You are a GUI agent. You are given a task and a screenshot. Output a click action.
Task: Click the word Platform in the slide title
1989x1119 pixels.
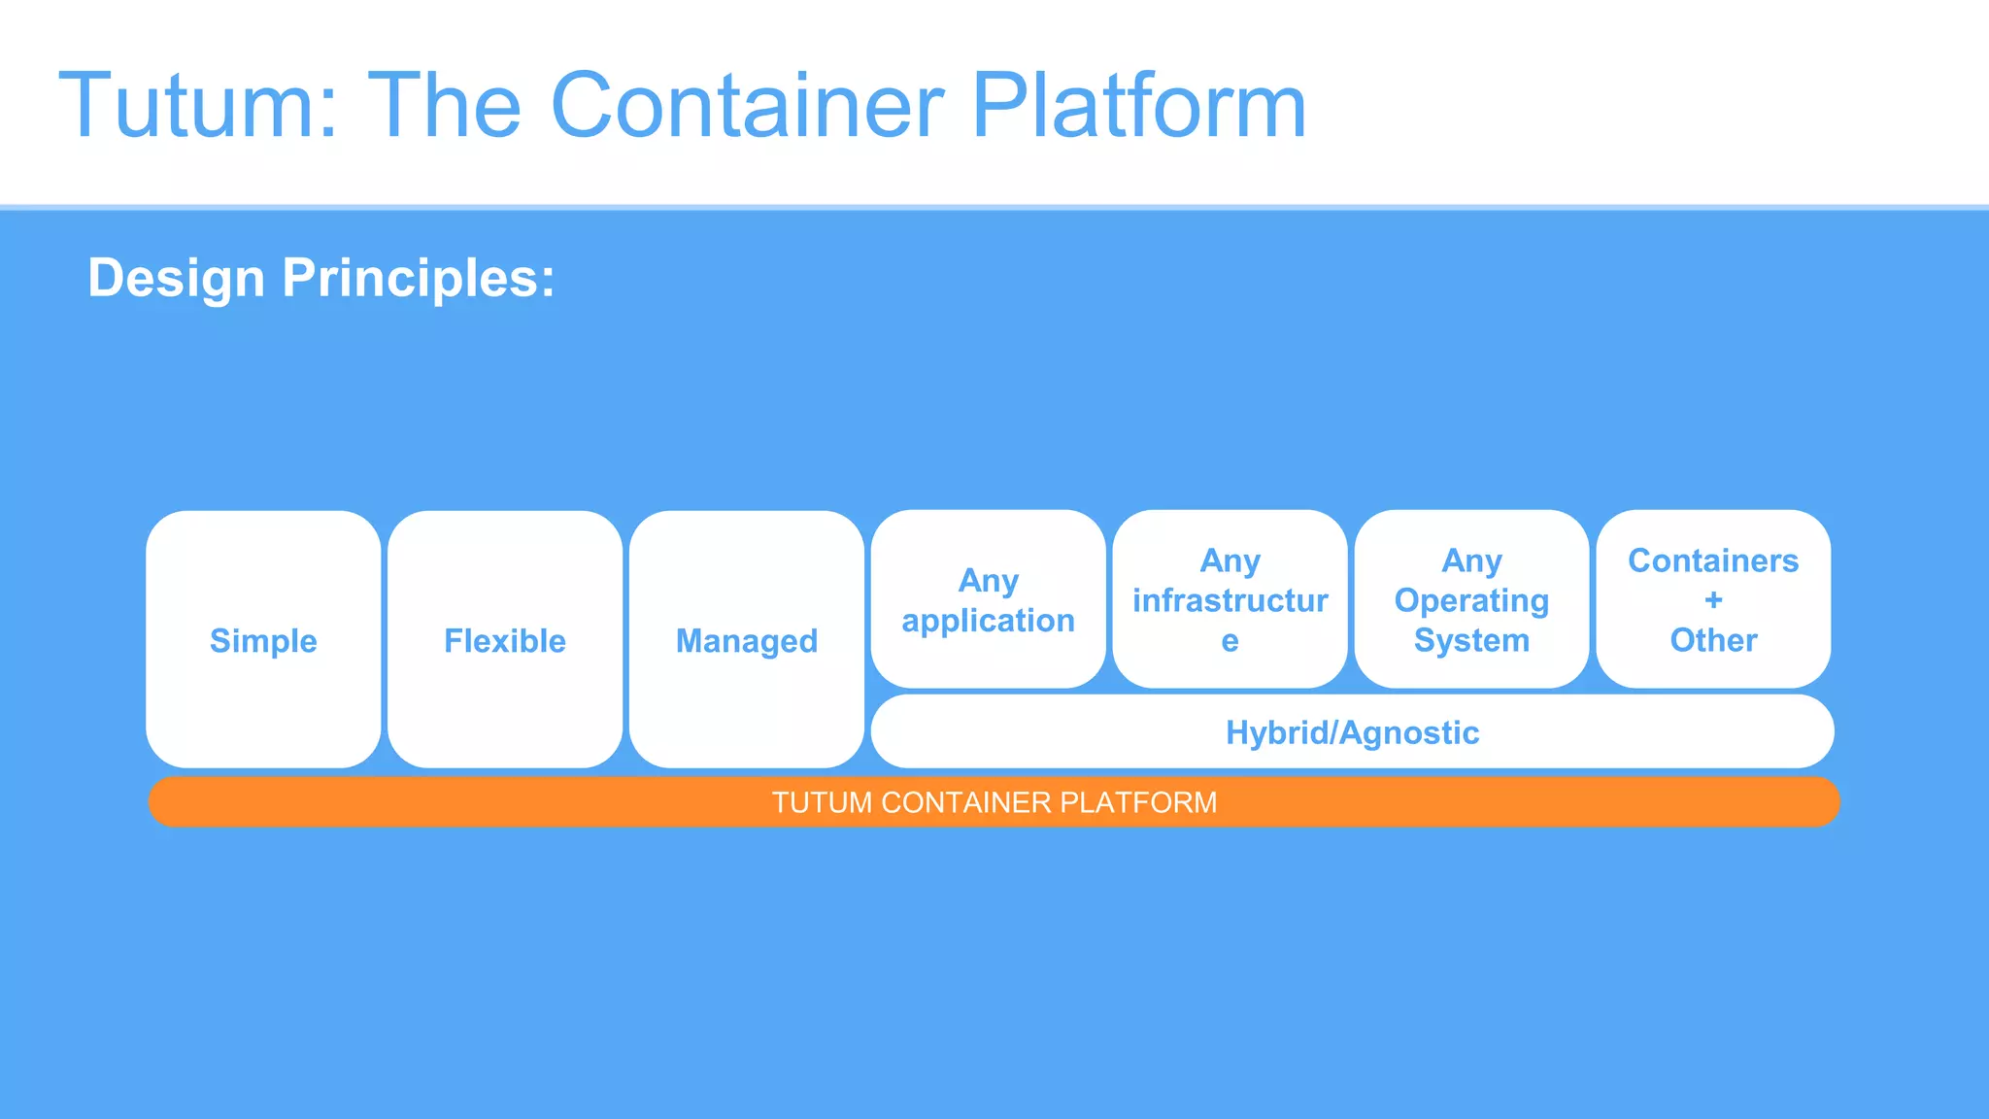click(1138, 106)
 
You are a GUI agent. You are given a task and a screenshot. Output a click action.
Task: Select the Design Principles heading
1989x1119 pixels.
click(321, 278)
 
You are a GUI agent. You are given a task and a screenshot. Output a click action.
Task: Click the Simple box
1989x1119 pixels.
click(263, 640)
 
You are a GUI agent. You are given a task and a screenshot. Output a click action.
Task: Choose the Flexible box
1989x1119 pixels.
click(505, 640)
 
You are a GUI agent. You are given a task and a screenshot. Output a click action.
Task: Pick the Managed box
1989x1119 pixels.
click(746, 640)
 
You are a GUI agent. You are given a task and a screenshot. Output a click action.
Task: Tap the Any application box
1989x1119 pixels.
click(988, 600)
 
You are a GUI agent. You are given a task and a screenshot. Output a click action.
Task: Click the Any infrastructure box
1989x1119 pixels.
click(1230, 599)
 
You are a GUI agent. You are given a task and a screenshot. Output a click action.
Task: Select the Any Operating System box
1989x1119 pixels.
click(1471, 599)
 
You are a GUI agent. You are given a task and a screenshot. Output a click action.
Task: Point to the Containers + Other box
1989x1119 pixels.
click(1713, 599)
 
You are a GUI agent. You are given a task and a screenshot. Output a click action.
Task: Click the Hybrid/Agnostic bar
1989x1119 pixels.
click(1352, 732)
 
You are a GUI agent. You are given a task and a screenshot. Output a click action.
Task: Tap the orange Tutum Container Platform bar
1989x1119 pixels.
click(994, 802)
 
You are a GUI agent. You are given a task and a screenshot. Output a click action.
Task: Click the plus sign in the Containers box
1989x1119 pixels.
click(1713, 600)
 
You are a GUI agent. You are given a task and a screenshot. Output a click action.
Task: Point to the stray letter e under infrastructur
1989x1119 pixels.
click(1230, 641)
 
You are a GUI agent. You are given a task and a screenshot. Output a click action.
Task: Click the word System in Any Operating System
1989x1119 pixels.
click(1471, 641)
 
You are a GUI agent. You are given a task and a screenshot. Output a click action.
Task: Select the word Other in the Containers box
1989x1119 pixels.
click(1713, 641)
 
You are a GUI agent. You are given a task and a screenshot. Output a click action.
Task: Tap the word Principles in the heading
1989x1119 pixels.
click(418, 278)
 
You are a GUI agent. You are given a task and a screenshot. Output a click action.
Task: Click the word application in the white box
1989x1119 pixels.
click(988, 621)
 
